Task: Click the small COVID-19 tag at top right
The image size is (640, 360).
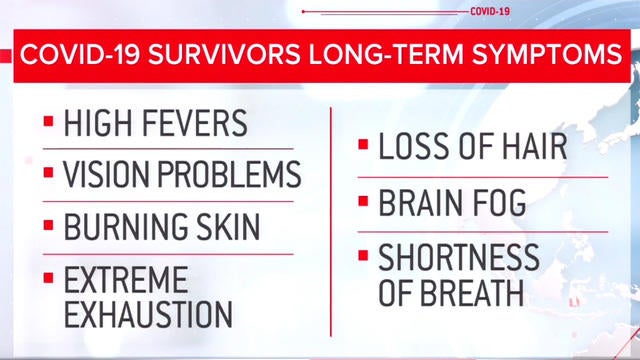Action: [x=490, y=12]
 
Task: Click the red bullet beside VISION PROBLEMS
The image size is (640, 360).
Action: [x=48, y=174]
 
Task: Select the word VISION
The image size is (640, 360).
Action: [x=103, y=174]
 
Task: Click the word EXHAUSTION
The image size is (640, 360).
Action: [x=148, y=312]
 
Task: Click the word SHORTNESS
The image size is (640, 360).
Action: [x=459, y=257]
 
